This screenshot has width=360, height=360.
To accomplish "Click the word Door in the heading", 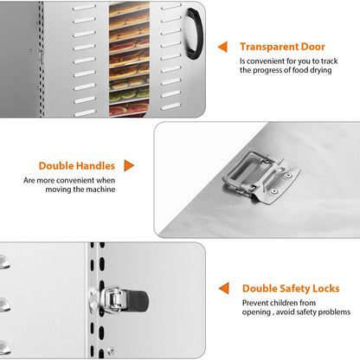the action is [x=313, y=47].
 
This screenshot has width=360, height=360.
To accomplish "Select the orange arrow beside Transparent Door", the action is [x=222, y=47].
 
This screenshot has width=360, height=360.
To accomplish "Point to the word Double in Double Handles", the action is [x=55, y=166].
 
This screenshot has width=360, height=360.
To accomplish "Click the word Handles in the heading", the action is [x=95, y=166].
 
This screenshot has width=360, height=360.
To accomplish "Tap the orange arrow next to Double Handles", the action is [x=129, y=165].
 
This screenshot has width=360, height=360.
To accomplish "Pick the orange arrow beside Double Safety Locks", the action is [x=224, y=288].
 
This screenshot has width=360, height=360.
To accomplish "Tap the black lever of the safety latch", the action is [x=138, y=299].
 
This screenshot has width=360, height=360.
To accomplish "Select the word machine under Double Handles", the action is [x=100, y=190].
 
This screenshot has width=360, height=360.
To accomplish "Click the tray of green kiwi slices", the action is [x=129, y=95].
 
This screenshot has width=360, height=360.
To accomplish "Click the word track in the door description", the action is [x=329, y=61].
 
